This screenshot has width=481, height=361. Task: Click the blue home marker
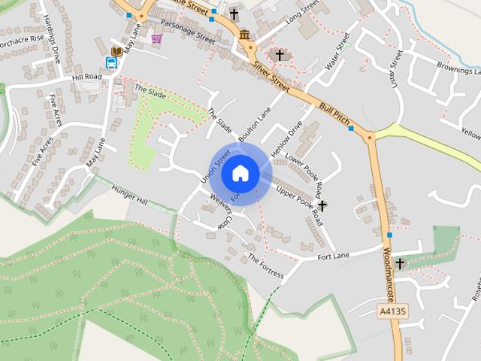coord(240,173)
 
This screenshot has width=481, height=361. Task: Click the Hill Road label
coord(86,77)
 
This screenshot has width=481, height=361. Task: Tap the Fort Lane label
coord(333,256)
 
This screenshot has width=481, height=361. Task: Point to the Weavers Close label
coord(210,214)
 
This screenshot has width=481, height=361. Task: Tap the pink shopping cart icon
coord(156,38)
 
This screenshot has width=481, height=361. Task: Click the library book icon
coord(116,51)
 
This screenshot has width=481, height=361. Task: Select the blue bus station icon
coord(110,63)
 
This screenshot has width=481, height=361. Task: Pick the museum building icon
coord(244,35)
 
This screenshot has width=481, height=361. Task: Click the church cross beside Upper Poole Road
coord(322,205)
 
